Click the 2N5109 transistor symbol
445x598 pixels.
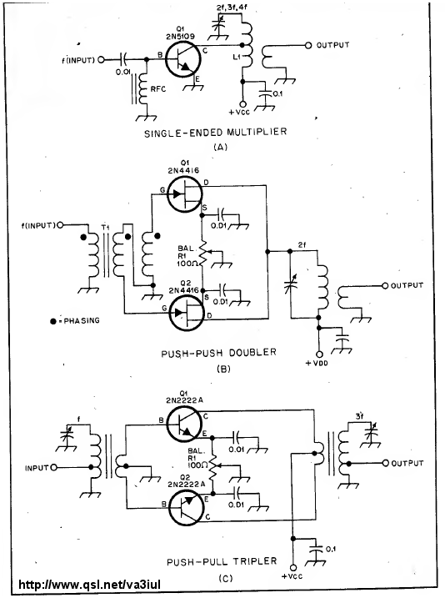[x=183, y=60]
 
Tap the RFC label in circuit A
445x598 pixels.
[x=157, y=89]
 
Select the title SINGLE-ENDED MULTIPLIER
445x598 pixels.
[x=215, y=133]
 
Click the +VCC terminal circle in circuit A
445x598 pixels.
[x=242, y=104]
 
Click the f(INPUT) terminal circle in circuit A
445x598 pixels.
[x=101, y=60]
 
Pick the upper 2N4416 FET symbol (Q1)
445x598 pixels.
[x=185, y=195]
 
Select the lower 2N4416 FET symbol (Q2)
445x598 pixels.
[x=187, y=313]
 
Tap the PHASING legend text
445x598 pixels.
[x=82, y=321]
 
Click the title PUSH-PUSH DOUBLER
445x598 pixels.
[x=218, y=353]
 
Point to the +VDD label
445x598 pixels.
[x=316, y=363]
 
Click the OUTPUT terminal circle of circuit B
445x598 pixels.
[x=385, y=285]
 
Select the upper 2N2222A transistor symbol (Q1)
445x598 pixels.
[x=184, y=424]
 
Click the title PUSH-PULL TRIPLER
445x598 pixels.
[x=222, y=561]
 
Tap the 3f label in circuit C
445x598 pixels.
[x=359, y=416]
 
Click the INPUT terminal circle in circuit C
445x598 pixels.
[x=53, y=467]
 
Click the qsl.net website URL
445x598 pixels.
[x=89, y=585]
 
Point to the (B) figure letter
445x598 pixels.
[x=222, y=369]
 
